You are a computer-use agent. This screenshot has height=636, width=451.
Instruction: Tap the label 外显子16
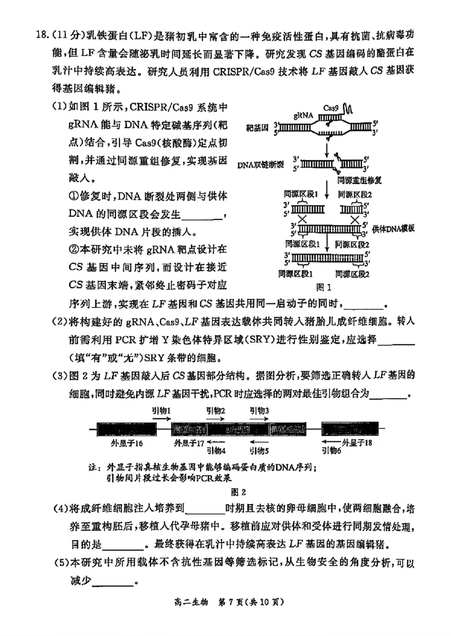pos(127,444)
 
